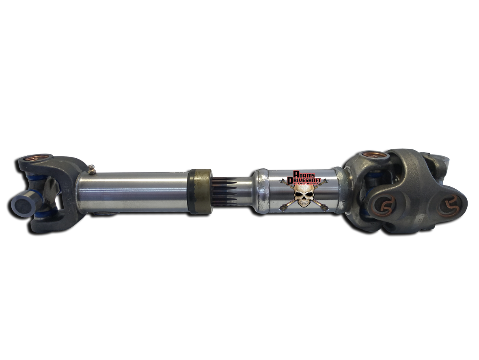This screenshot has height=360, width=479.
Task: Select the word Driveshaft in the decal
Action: click(x=302, y=179)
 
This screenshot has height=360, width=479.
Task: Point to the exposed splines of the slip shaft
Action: click(x=223, y=191)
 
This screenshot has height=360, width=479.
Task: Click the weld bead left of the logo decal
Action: click(x=261, y=191)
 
